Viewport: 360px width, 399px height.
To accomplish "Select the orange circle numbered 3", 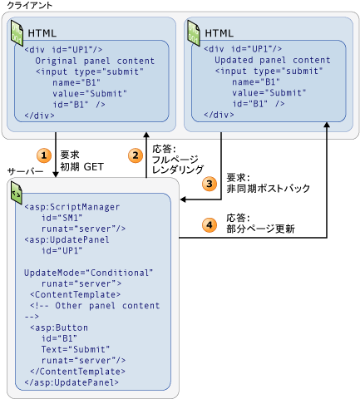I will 210,183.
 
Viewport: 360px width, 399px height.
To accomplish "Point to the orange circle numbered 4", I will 210,224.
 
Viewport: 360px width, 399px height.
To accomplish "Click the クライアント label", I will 30,6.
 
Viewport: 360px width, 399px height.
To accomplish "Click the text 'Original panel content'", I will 94,61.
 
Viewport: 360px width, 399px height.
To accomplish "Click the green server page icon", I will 16,195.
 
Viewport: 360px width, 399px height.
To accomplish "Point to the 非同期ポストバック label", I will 268,189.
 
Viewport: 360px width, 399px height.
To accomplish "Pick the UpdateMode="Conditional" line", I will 89,272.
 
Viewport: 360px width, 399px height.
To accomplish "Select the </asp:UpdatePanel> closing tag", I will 71,382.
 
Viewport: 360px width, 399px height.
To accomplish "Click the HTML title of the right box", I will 219,32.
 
